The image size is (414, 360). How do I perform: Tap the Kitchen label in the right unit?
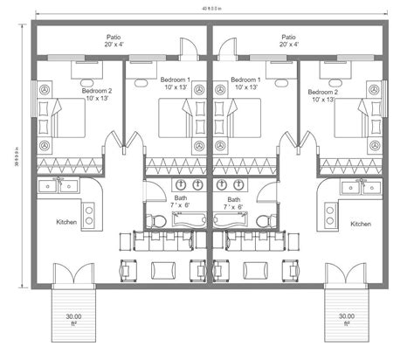click(x=361, y=224)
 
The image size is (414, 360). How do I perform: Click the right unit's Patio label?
click(x=288, y=39)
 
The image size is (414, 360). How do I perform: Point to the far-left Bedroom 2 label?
click(x=95, y=94)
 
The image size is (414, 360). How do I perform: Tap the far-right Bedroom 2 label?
click(x=323, y=94)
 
